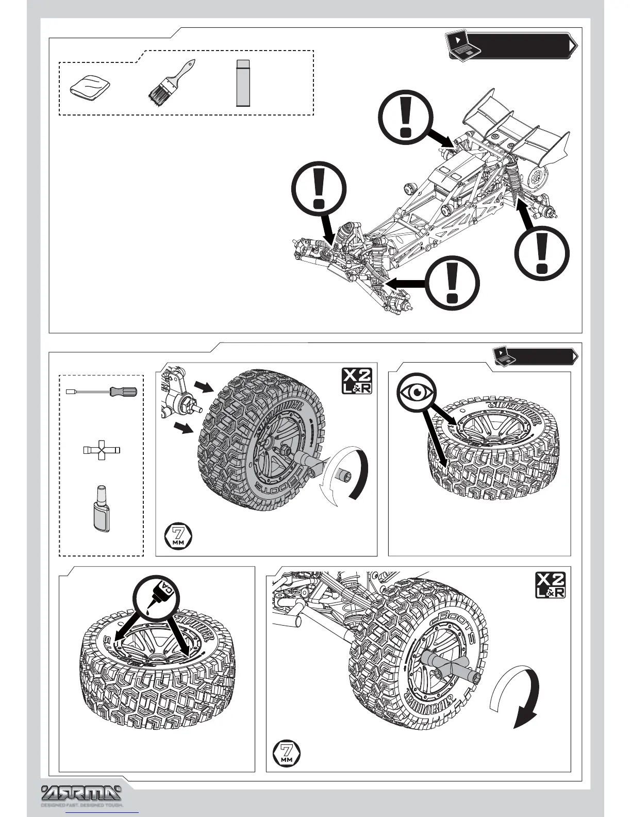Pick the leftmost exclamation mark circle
[319, 188]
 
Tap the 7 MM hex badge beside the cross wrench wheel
[286, 753]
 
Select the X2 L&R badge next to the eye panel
[357, 381]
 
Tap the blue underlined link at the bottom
[103, 813]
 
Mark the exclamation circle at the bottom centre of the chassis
[453, 285]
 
